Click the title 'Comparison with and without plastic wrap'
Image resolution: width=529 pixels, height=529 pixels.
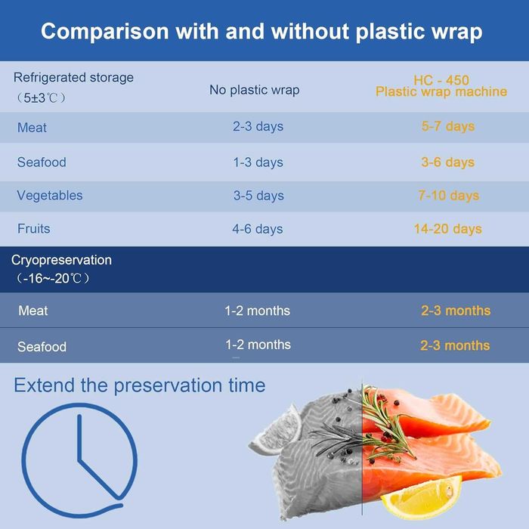click(x=261, y=32)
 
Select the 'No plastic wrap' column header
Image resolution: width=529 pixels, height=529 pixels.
click(x=254, y=90)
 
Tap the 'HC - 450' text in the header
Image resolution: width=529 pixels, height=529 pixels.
click(x=441, y=80)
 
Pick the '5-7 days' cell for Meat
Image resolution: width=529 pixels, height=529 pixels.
click(x=448, y=126)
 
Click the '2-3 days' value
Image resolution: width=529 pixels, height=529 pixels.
click(x=258, y=126)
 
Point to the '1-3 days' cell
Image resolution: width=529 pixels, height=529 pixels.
click(x=258, y=162)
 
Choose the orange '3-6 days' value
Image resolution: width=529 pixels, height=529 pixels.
click(x=448, y=162)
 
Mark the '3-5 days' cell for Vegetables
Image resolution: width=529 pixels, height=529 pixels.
click(x=258, y=196)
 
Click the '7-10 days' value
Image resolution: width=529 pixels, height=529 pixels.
click(x=448, y=196)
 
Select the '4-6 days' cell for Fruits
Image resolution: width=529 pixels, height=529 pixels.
click(x=258, y=229)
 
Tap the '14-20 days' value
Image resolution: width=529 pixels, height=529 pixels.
click(x=447, y=229)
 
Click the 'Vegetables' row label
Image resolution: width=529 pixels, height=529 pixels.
click(x=50, y=196)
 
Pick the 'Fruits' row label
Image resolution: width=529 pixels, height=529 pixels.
click(x=34, y=228)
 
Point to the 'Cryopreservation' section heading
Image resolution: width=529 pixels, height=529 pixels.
click(x=61, y=260)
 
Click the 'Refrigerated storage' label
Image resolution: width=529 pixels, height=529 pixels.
click(x=73, y=77)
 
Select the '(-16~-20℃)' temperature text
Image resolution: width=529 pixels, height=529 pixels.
click(x=52, y=279)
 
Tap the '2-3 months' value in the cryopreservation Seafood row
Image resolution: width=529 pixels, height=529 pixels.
click(x=455, y=345)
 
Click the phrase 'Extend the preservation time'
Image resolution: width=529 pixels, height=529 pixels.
click(x=140, y=385)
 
